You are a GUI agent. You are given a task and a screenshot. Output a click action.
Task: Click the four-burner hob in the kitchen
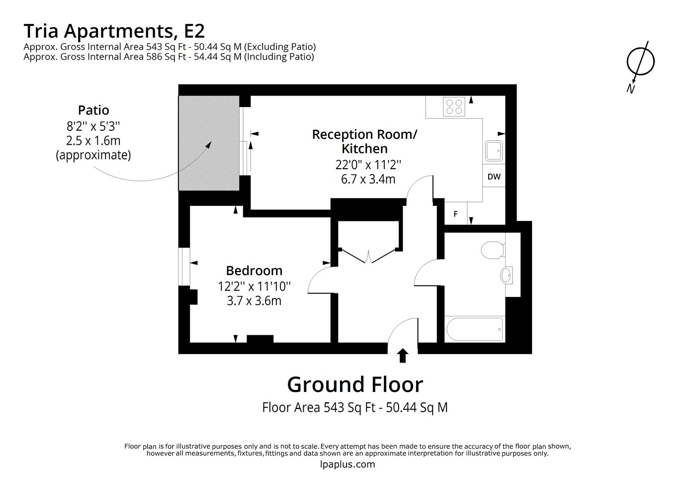pyautogui.click(x=453, y=106)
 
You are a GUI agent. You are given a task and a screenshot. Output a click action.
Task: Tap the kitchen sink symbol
pyautogui.click(x=494, y=151)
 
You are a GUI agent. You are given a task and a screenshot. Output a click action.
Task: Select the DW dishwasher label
pyautogui.click(x=494, y=177)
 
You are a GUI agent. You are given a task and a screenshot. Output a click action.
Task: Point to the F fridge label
pyautogui.click(x=455, y=214)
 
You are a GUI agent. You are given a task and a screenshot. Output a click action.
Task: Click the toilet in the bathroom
pyautogui.click(x=493, y=250)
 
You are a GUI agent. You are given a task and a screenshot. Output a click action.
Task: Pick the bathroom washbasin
pyautogui.click(x=507, y=275)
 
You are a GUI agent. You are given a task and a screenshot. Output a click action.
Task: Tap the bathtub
pyautogui.click(x=474, y=329)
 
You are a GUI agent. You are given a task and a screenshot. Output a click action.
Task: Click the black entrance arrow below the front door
pyautogui.click(x=403, y=356)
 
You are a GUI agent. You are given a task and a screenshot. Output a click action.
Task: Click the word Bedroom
pyautogui.click(x=254, y=271)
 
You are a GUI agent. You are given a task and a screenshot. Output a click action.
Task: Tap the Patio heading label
pyautogui.click(x=93, y=110)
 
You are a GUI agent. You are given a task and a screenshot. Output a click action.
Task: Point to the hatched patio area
pyautogui.click(x=209, y=143)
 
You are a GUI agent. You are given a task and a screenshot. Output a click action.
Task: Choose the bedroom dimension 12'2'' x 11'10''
pyautogui.click(x=254, y=286)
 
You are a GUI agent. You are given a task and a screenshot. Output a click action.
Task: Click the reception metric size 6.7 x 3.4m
pyautogui.click(x=368, y=179)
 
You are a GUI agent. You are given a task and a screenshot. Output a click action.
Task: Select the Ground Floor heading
pyautogui.click(x=355, y=385)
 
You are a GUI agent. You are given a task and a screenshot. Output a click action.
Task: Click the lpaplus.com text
pyautogui.click(x=348, y=464)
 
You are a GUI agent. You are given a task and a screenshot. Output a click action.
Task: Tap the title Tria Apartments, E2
pyautogui.click(x=114, y=31)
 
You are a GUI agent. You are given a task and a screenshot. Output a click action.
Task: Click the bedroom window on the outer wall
pyautogui.click(x=184, y=267)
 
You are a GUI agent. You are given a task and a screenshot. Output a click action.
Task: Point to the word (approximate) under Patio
pyautogui.click(x=93, y=155)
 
